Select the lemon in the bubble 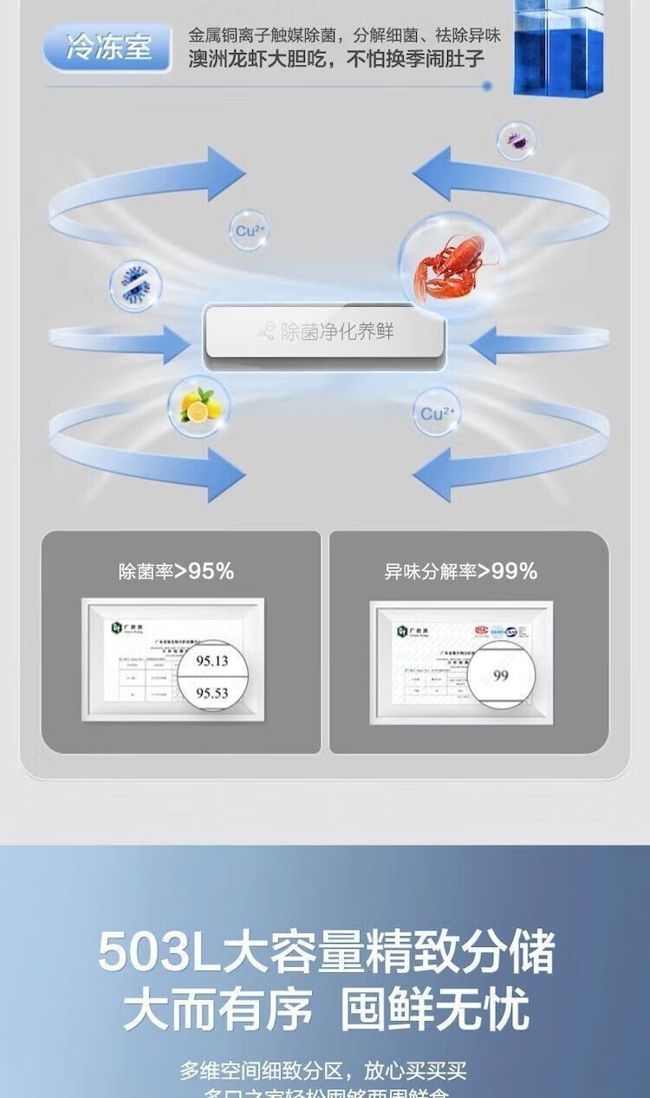pyautogui.click(x=198, y=403)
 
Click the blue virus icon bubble pyautogui.click(x=135, y=286)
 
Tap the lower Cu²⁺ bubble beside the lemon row pyautogui.click(x=437, y=414)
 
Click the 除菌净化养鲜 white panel pyautogui.click(x=325, y=333)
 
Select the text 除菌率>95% pyautogui.click(x=177, y=572)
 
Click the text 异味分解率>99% pyautogui.click(x=461, y=572)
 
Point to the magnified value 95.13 pyautogui.click(x=211, y=661)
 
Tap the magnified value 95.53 pyautogui.click(x=211, y=694)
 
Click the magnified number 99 pyautogui.click(x=501, y=676)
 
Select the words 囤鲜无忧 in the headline pyautogui.click(x=435, y=1011)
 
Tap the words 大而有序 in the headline pyautogui.click(x=218, y=1011)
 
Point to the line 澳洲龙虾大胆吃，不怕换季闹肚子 pyautogui.click(x=336, y=61)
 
